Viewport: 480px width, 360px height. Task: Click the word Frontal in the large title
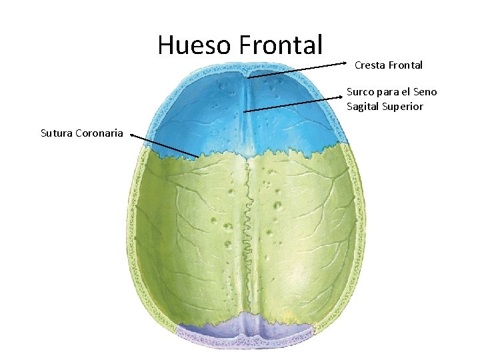tap(280, 45)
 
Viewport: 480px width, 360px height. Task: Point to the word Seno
tap(425, 92)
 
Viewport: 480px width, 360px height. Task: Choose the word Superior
tap(403, 107)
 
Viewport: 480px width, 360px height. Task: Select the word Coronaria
tap(101, 133)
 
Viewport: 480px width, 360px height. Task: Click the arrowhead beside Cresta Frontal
tap(349, 65)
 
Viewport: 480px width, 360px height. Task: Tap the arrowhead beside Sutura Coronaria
tap(132, 135)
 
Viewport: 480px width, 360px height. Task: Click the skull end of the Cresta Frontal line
tap(249, 78)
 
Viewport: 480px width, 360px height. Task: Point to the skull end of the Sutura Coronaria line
tap(198, 157)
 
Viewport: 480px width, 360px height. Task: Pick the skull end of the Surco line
tap(245, 111)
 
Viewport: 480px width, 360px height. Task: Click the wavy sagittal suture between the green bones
tap(248, 220)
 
